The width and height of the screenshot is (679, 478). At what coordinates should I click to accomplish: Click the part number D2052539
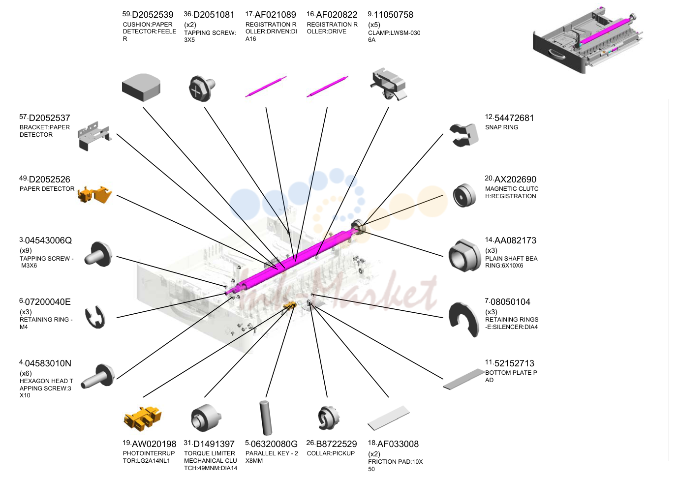pyautogui.click(x=153, y=15)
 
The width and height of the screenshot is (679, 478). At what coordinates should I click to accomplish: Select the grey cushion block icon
pyautogui.click(x=141, y=87)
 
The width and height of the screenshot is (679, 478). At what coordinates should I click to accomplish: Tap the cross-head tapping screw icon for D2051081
pyautogui.click(x=202, y=88)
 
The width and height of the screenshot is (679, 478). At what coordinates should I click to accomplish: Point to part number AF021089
pyautogui.click(x=275, y=15)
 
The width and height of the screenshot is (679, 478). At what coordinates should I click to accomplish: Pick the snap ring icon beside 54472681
pyautogui.click(x=464, y=135)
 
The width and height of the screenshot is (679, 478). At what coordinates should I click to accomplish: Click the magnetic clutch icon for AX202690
pyautogui.click(x=464, y=195)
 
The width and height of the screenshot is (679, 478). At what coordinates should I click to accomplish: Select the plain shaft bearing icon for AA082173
pyautogui.click(x=464, y=255)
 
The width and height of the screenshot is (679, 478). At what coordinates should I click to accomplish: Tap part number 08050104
pyautogui.click(x=510, y=302)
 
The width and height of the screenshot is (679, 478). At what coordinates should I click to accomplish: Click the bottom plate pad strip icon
pyautogui.click(x=464, y=379)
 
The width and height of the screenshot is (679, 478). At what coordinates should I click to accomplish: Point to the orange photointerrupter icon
pyautogui.click(x=143, y=418)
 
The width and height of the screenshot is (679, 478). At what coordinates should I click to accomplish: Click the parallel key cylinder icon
pyautogui.click(x=266, y=418)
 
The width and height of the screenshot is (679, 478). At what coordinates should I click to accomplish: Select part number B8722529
pyautogui.click(x=337, y=444)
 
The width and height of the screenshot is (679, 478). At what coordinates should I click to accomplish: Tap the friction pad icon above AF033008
pyautogui.click(x=389, y=418)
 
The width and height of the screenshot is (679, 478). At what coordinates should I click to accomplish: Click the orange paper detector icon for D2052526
pyautogui.click(x=94, y=194)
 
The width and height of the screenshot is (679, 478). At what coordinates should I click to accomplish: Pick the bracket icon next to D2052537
pyautogui.click(x=94, y=136)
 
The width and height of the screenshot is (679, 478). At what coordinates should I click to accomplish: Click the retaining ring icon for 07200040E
pyautogui.click(x=95, y=317)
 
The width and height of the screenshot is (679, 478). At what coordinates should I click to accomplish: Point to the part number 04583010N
pyautogui.click(x=48, y=363)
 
